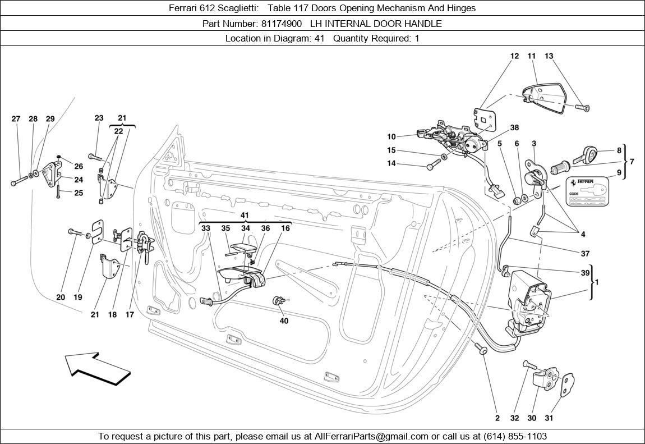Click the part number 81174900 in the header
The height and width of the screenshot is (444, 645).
pyautogui.click(x=282, y=24)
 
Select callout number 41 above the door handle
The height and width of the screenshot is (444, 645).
pyautogui.click(x=245, y=215)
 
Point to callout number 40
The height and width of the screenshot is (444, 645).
pyautogui.click(x=284, y=321)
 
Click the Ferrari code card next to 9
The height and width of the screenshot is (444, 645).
pyautogui.click(x=587, y=189)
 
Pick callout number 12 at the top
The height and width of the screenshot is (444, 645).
pyautogui.click(x=515, y=56)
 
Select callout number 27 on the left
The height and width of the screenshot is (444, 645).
pyautogui.click(x=16, y=119)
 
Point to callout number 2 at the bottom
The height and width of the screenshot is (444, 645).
pyautogui.click(x=497, y=418)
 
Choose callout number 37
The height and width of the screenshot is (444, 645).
pyautogui.click(x=585, y=253)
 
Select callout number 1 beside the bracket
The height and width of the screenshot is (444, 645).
pyautogui.click(x=597, y=282)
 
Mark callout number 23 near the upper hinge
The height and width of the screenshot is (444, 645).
pyautogui.click(x=99, y=118)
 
